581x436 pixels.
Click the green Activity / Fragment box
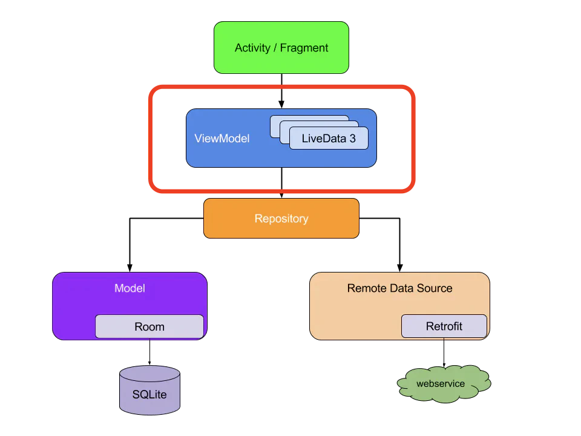coord(281,47)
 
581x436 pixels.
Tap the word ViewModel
coord(222,138)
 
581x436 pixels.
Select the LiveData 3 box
coord(329,138)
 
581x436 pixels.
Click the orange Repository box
coord(281,219)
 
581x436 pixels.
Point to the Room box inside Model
coord(149,326)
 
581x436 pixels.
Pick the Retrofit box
coord(444,326)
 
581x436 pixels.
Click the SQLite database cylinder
coord(149,390)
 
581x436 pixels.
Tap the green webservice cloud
coord(444,384)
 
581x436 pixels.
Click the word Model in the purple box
coord(130,288)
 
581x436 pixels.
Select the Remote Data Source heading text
coord(399,288)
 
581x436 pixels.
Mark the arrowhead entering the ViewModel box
coord(281,104)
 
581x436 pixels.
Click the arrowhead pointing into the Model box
coord(130,268)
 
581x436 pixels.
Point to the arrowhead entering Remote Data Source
coord(400,268)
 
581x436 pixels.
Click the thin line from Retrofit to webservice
coord(444,352)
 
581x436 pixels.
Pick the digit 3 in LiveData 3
coord(352,138)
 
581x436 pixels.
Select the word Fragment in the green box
coord(304,48)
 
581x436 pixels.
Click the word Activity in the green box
coord(253,48)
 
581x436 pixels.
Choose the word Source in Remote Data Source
coord(435,288)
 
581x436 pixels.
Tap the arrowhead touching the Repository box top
coord(281,196)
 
